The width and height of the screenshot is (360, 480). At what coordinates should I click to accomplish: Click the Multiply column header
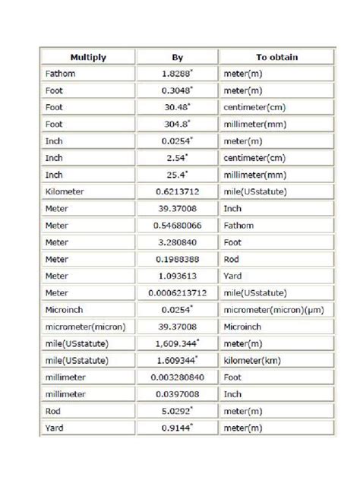(x=88, y=57)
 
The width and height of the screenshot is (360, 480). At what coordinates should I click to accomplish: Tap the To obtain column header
(x=276, y=57)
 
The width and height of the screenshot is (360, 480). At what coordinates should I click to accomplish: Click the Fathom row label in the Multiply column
(x=59, y=74)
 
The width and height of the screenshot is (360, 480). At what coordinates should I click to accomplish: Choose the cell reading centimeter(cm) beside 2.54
(x=254, y=157)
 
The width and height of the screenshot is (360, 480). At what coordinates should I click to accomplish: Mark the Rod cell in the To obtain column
(x=232, y=258)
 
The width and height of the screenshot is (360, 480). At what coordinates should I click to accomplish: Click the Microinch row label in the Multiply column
(x=65, y=309)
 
